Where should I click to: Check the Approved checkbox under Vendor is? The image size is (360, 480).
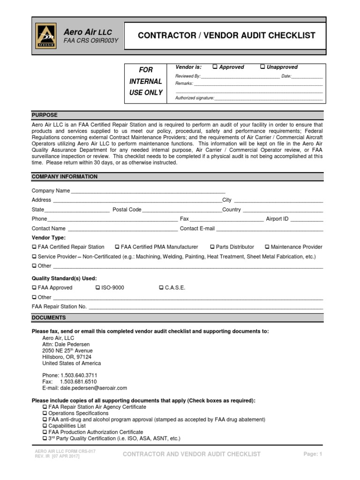click(x=215, y=67)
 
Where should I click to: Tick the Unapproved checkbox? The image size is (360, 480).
click(x=262, y=67)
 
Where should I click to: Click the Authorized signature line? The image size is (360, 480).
click(x=268, y=99)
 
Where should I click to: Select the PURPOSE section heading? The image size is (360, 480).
click(x=45, y=115)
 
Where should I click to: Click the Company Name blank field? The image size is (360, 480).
click(x=148, y=192)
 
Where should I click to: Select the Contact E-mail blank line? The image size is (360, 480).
click(x=269, y=229)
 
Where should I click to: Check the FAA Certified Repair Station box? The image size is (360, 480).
click(x=34, y=247)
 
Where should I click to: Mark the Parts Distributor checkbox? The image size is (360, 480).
click(x=212, y=247)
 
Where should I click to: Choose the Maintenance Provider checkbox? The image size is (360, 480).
click(x=267, y=247)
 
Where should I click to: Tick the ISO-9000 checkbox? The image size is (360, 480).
click(x=97, y=288)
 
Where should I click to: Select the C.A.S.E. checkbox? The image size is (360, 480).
click(x=161, y=288)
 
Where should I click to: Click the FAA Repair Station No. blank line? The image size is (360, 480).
click(x=205, y=307)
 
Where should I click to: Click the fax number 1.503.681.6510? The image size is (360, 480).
click(x=78, y=382)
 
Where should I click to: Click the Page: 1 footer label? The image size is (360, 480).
click(x=313, y=454)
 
